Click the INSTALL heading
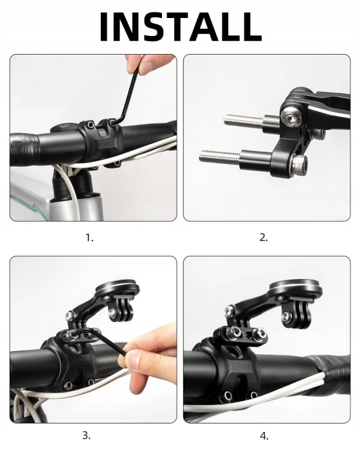tap(180, 27)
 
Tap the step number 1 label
tap(89, 238)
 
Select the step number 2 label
tap(264, 238)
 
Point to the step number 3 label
tap(86, 435)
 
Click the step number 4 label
tap(264, 436)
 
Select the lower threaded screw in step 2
tap(220, 157)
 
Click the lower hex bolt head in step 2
tap(299, 164)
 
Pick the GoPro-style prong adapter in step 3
tap(120, 310)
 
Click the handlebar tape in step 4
tap(330, 382)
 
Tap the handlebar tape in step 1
tap(24, 149)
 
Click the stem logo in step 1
tap(105, 145)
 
